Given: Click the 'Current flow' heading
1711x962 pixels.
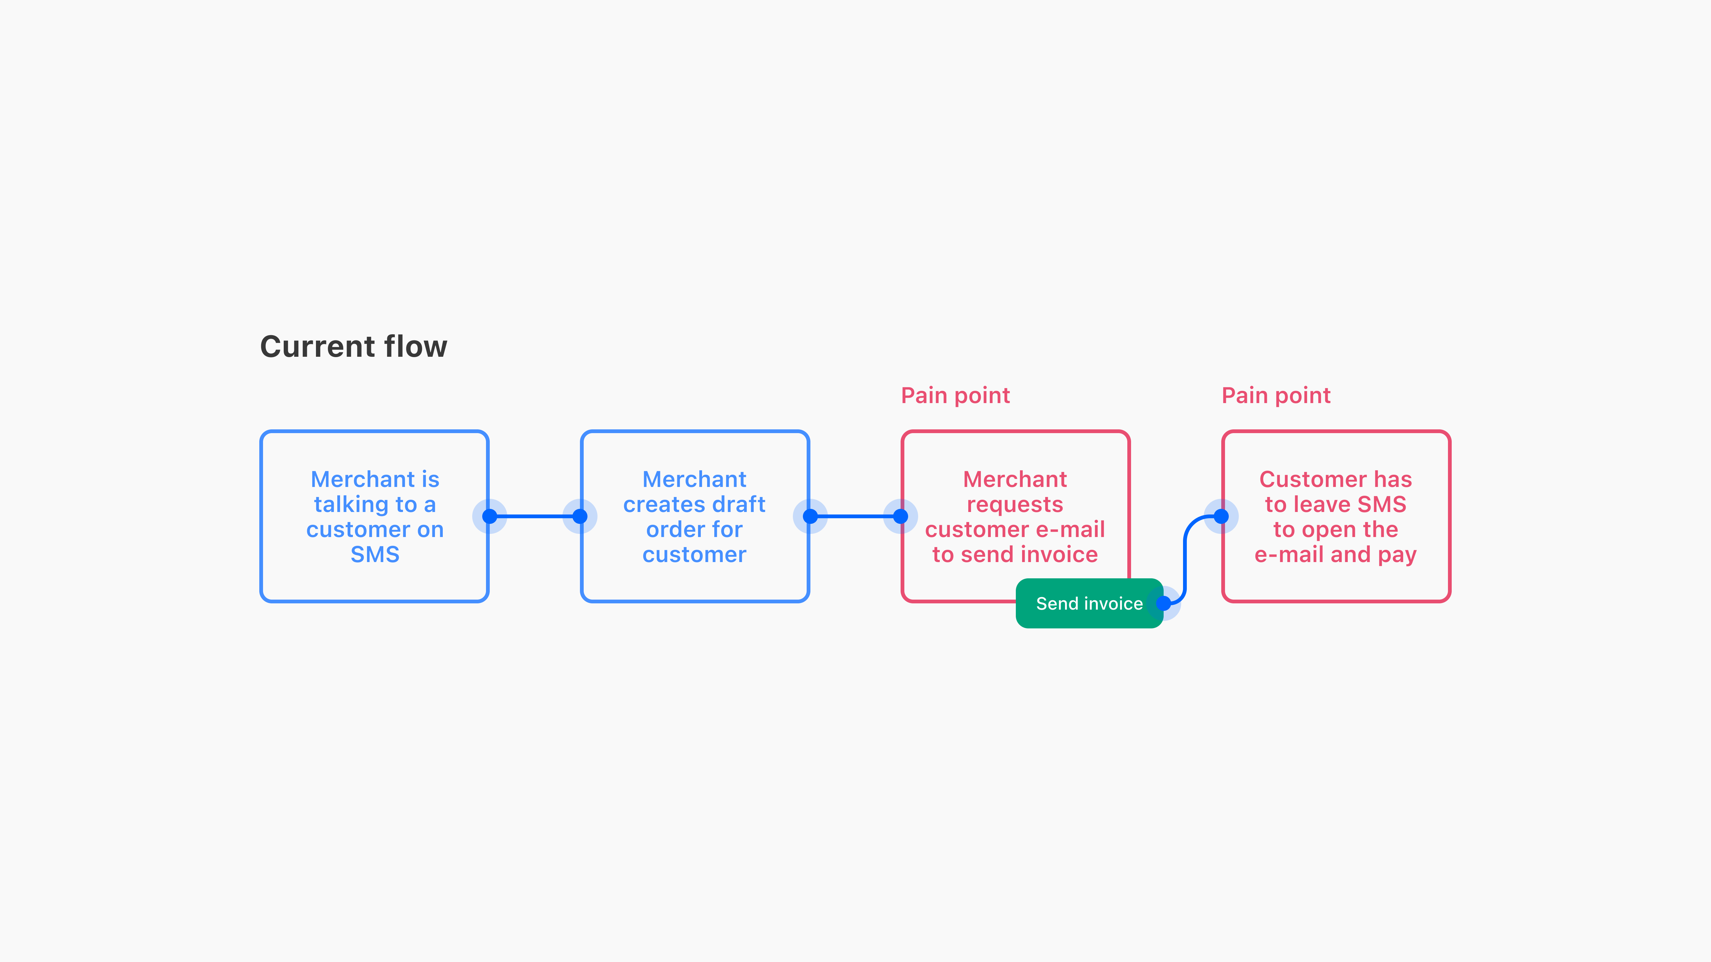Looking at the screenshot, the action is click(x=353, y=346).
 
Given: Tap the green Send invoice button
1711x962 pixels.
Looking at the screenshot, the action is click(x=1089, y=603).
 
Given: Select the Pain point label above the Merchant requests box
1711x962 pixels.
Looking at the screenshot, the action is click(x=955, y=396).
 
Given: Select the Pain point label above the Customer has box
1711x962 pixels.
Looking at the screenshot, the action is click(x=1276, y=396).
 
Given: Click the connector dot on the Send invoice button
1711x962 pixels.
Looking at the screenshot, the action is click(x=1164, y=603).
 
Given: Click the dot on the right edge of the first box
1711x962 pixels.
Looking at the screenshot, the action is click(x=489, y=516).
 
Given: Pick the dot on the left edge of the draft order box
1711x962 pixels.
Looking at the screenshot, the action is click(x=580, y=516).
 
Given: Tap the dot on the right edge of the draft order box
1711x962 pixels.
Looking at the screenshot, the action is click(x=810, y=516).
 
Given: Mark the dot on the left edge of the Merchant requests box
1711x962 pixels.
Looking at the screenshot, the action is click(x=901, y=516).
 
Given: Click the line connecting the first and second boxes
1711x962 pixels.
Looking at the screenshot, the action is click(x=535, y=516).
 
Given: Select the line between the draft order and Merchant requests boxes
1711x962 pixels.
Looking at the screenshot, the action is click(x=855, y=516).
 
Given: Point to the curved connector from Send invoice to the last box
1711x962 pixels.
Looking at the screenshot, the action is click(x=1185, y=560).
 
